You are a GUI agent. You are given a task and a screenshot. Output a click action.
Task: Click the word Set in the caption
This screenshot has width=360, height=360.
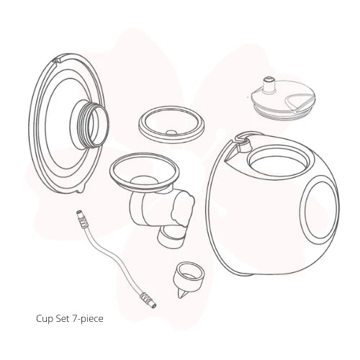pos(62,318)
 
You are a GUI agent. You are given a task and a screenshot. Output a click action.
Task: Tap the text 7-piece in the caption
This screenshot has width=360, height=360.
pos(87,319)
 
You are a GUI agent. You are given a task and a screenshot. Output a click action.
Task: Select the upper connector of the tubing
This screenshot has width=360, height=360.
pos(81,219)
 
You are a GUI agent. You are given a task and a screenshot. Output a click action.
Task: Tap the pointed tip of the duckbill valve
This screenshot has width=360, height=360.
pos(181,296)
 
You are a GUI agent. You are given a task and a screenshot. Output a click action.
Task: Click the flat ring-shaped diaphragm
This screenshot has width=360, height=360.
pos(171,125)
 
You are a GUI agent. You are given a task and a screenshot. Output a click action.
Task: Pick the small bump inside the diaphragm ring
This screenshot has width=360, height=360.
pos(171,132)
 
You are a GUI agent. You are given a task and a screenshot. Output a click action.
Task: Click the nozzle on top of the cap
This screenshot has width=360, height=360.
pos(269,84)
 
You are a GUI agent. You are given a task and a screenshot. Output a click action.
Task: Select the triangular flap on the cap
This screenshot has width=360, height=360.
pos(300,103)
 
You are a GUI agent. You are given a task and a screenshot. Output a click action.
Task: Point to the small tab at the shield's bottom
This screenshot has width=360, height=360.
pos(81,190)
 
